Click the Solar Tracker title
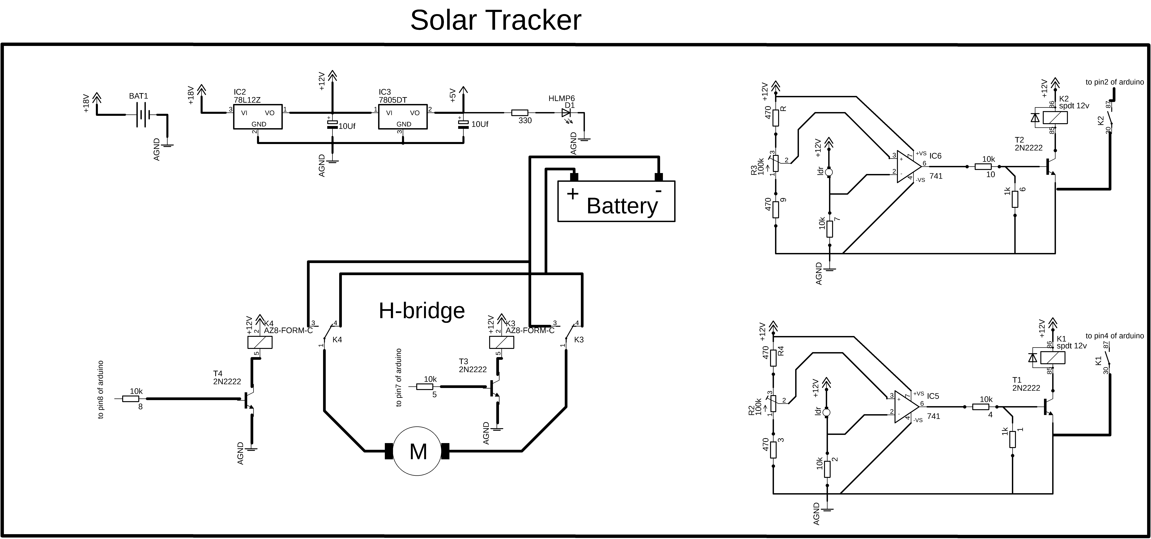tap(495, 20)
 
